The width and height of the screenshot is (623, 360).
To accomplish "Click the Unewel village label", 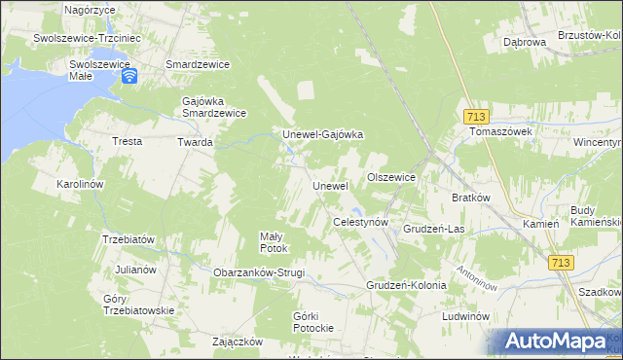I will tap(330, 186).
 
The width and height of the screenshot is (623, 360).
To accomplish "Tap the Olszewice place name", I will tap(391, 178).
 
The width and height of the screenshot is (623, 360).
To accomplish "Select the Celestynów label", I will tap(361, 223).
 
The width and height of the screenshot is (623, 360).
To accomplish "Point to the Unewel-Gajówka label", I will tap(322, 135).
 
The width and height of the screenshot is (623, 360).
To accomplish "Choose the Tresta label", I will tap(127, 141).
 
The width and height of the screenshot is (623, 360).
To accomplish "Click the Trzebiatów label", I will tap(128, 239).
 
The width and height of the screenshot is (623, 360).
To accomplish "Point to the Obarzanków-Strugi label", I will tap(259, 272).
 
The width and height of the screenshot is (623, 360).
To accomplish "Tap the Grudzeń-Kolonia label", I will tap(406, 286).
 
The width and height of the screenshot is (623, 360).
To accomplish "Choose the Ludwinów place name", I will tap(464, 317).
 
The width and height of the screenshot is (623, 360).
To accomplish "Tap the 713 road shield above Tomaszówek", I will tap(475, 114).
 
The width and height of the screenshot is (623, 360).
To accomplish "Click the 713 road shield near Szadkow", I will tap(561, 263).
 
